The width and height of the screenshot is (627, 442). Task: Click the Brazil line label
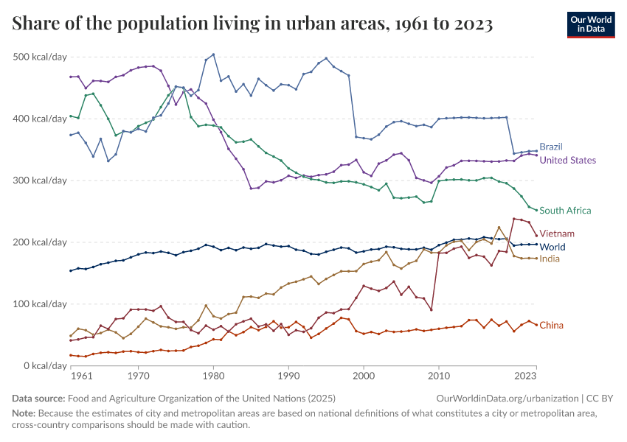pyautogui.click(x=550, y=147)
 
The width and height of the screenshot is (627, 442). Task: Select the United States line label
pyautogui.click(x=567, y=160)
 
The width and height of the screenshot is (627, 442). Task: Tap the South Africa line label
pyautogui.click(x=565, y=211)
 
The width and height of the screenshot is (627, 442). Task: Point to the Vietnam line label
pyautogui.click(x=557, y=234)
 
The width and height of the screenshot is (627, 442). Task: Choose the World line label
pyautogui.click(x=552, y=247)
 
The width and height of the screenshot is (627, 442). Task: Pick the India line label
pyautogui.click(x=550, y=259)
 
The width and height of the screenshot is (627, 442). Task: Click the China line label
pyautogui.click(x=552, y=325)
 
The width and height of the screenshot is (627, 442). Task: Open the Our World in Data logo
pyautogui.click(x=591, y=24)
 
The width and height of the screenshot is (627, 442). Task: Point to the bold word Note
pyautogui.click(x=24, y=413)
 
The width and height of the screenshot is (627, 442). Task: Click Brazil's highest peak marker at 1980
pyautogui.click(x=214, y=55)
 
